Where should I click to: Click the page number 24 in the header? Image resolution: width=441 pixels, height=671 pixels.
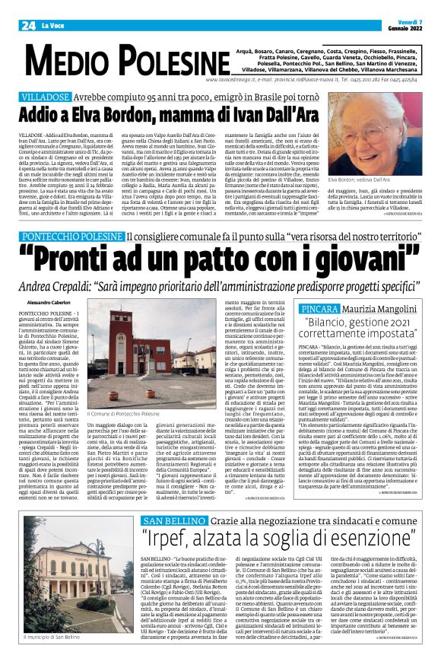coord(28,26)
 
